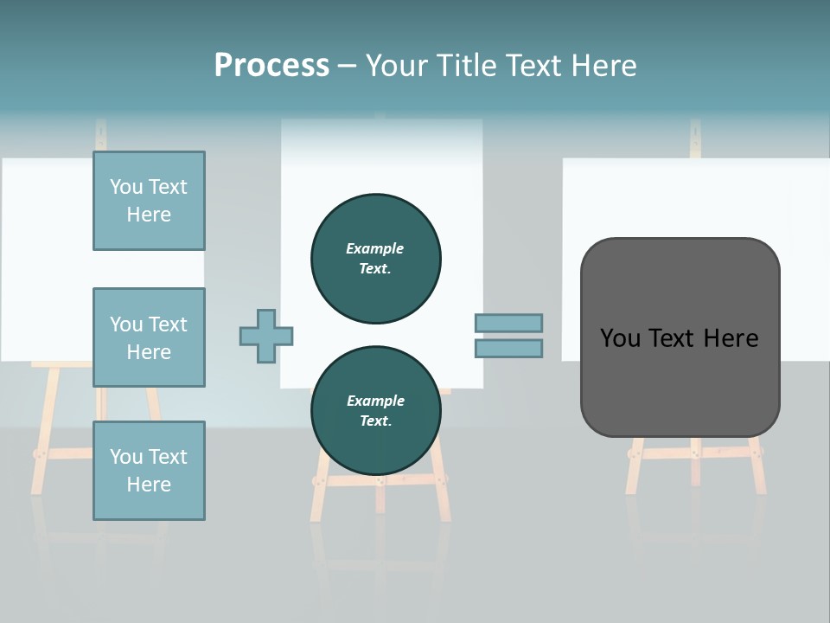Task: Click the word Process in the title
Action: (x=271, y=66)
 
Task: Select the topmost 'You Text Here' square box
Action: (x=149, y=201)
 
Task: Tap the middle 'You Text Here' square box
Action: (x=149, y=337)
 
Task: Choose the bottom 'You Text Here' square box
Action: (x=149, y=471)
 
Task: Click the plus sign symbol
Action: (x=266, y=336)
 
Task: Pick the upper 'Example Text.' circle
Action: (x=375, y=259)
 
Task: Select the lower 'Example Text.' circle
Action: (x=375, y=411)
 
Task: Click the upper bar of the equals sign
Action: (x=508, y=323)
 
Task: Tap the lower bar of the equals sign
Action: (x=508, y=349)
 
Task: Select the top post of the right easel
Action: (x=695, y=138)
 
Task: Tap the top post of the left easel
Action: (x=101, y=135)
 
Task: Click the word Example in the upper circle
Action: (x=375, y=248)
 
